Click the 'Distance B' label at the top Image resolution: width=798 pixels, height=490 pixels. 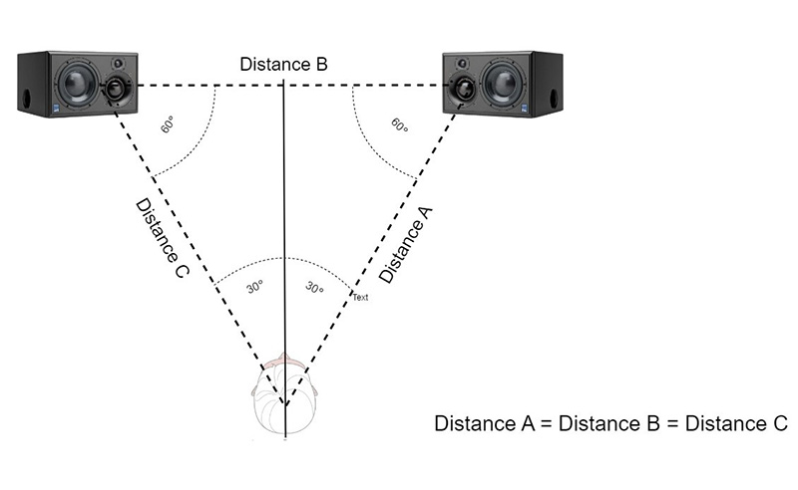coord(283,65)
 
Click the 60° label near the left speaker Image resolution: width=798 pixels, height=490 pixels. coord(169,127)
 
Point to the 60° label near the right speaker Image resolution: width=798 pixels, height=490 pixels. coord(400,126)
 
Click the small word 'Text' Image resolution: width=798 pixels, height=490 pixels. coord(360,297)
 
